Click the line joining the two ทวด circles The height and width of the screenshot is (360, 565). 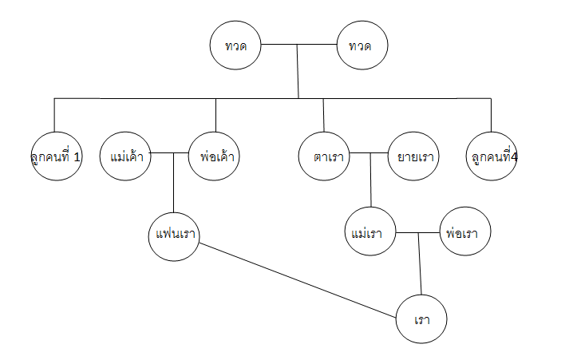(298, 45)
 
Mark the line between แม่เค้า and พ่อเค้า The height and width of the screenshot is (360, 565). (170, 152)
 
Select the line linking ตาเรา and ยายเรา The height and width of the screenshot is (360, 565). (369, 152)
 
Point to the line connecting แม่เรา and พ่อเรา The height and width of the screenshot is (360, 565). (418, 233)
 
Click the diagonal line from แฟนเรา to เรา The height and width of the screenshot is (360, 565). (298, 281)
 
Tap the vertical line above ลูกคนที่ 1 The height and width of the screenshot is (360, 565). (54, 115)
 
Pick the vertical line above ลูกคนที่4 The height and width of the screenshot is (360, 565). (491, 115)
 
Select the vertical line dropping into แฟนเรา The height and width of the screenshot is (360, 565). (174, 183)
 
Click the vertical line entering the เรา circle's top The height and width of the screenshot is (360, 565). (420, 263)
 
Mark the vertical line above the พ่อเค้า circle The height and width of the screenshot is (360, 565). (215, 115)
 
